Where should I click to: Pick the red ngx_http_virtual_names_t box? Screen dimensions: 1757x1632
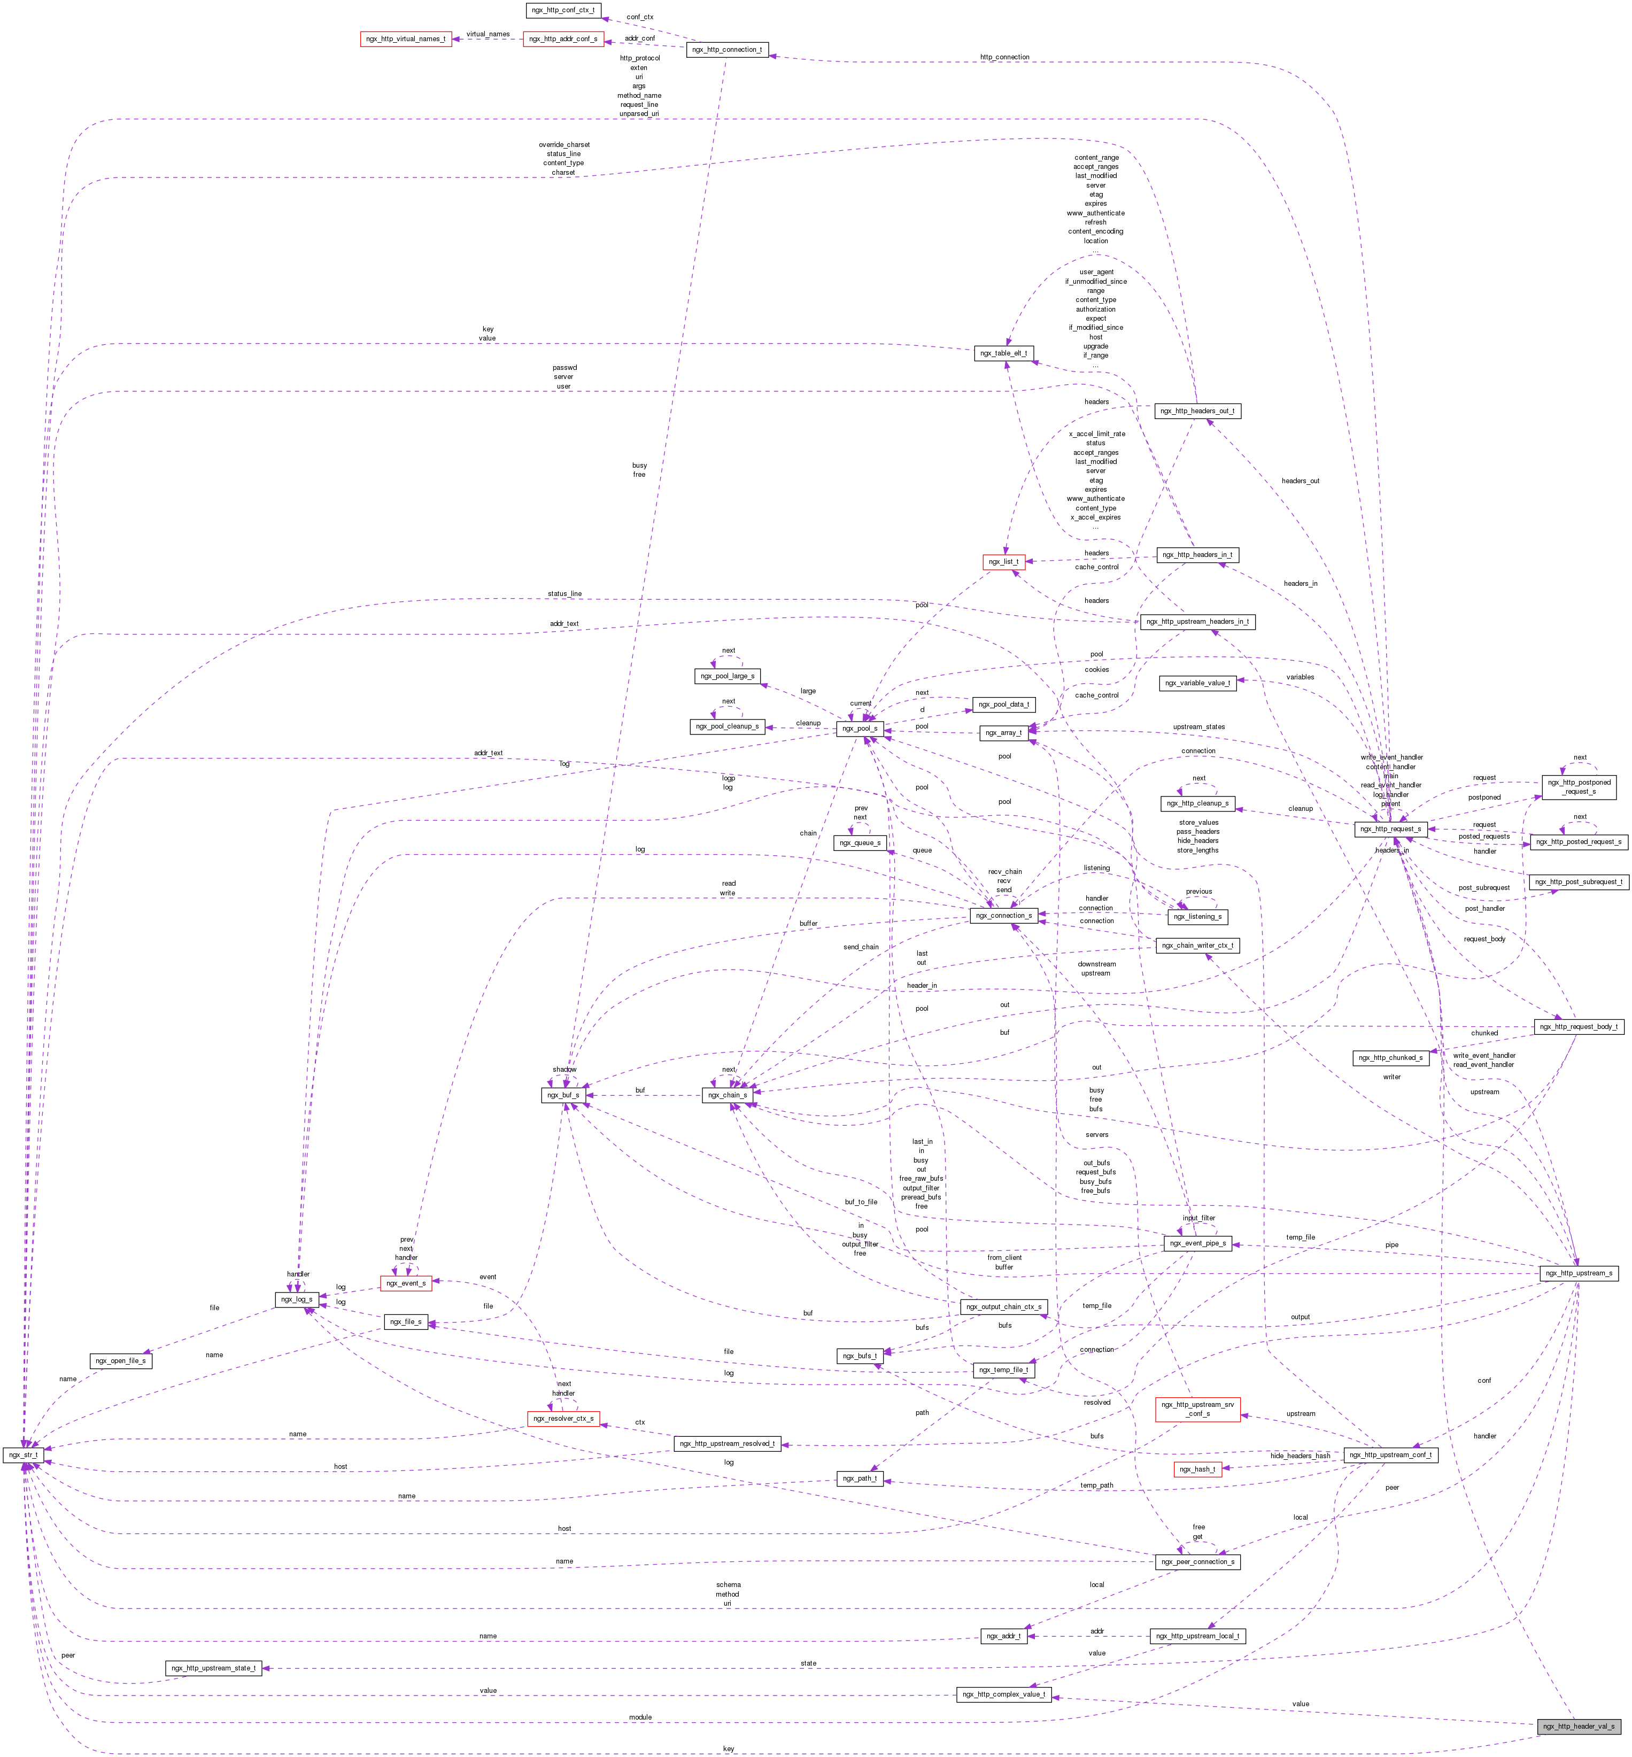click(406, 39)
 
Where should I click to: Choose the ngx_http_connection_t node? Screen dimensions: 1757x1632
click(727, 49)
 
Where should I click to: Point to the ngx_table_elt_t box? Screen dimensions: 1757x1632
click(1003, 353)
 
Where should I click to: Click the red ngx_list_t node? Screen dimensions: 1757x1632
click(1003, 562)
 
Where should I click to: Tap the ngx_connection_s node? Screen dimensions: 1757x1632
click(1004, 916)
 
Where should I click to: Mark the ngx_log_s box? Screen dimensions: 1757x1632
click(297, 1299)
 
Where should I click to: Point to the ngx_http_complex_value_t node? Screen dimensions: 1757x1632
click(1003, 1694)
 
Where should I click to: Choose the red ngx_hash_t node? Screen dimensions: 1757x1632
click(1197, 1469)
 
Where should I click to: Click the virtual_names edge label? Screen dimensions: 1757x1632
click(488, 34)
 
